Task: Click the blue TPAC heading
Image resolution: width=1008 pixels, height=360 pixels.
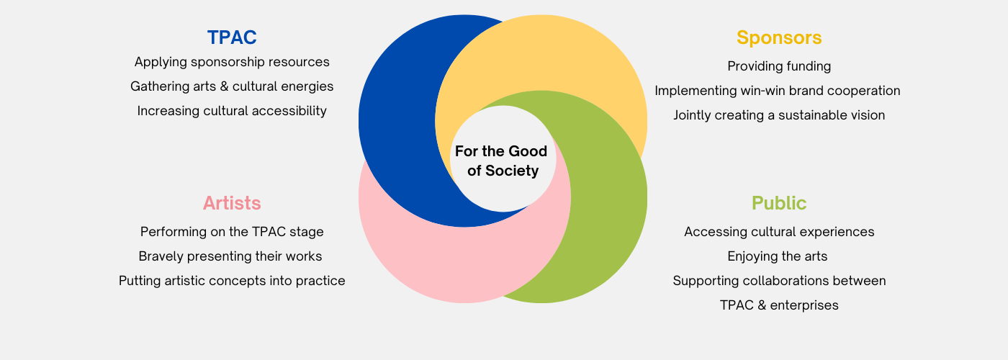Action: click(232, 37)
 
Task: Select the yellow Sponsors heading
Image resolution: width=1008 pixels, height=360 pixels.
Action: click(779, 37)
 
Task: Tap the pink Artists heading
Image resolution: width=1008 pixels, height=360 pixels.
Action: click(232, 203)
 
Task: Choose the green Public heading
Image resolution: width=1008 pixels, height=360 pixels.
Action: click(779, 203)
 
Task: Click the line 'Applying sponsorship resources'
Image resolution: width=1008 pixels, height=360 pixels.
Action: click(232, 62)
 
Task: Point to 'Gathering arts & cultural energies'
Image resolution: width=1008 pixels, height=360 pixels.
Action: click(232, 86)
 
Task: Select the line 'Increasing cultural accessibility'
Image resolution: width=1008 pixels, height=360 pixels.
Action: click(232, 111)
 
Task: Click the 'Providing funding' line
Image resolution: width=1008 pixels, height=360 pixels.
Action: click(779, 66)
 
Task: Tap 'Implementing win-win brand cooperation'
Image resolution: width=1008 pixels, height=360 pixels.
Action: click(778, 91)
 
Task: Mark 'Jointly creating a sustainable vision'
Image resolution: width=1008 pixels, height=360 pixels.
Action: click(779, 115)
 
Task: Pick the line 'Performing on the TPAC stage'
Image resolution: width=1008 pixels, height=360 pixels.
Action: click(232, 232)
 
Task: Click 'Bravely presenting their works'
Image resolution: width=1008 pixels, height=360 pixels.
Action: click(230, 256)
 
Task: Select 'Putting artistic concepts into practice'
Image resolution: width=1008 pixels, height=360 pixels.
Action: click(232, 281)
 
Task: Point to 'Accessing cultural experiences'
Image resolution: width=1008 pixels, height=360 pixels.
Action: click(779, 232)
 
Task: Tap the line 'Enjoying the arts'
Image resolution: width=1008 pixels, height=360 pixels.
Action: click(778, 256)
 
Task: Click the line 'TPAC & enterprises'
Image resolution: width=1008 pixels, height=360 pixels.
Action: click(779, 305)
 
